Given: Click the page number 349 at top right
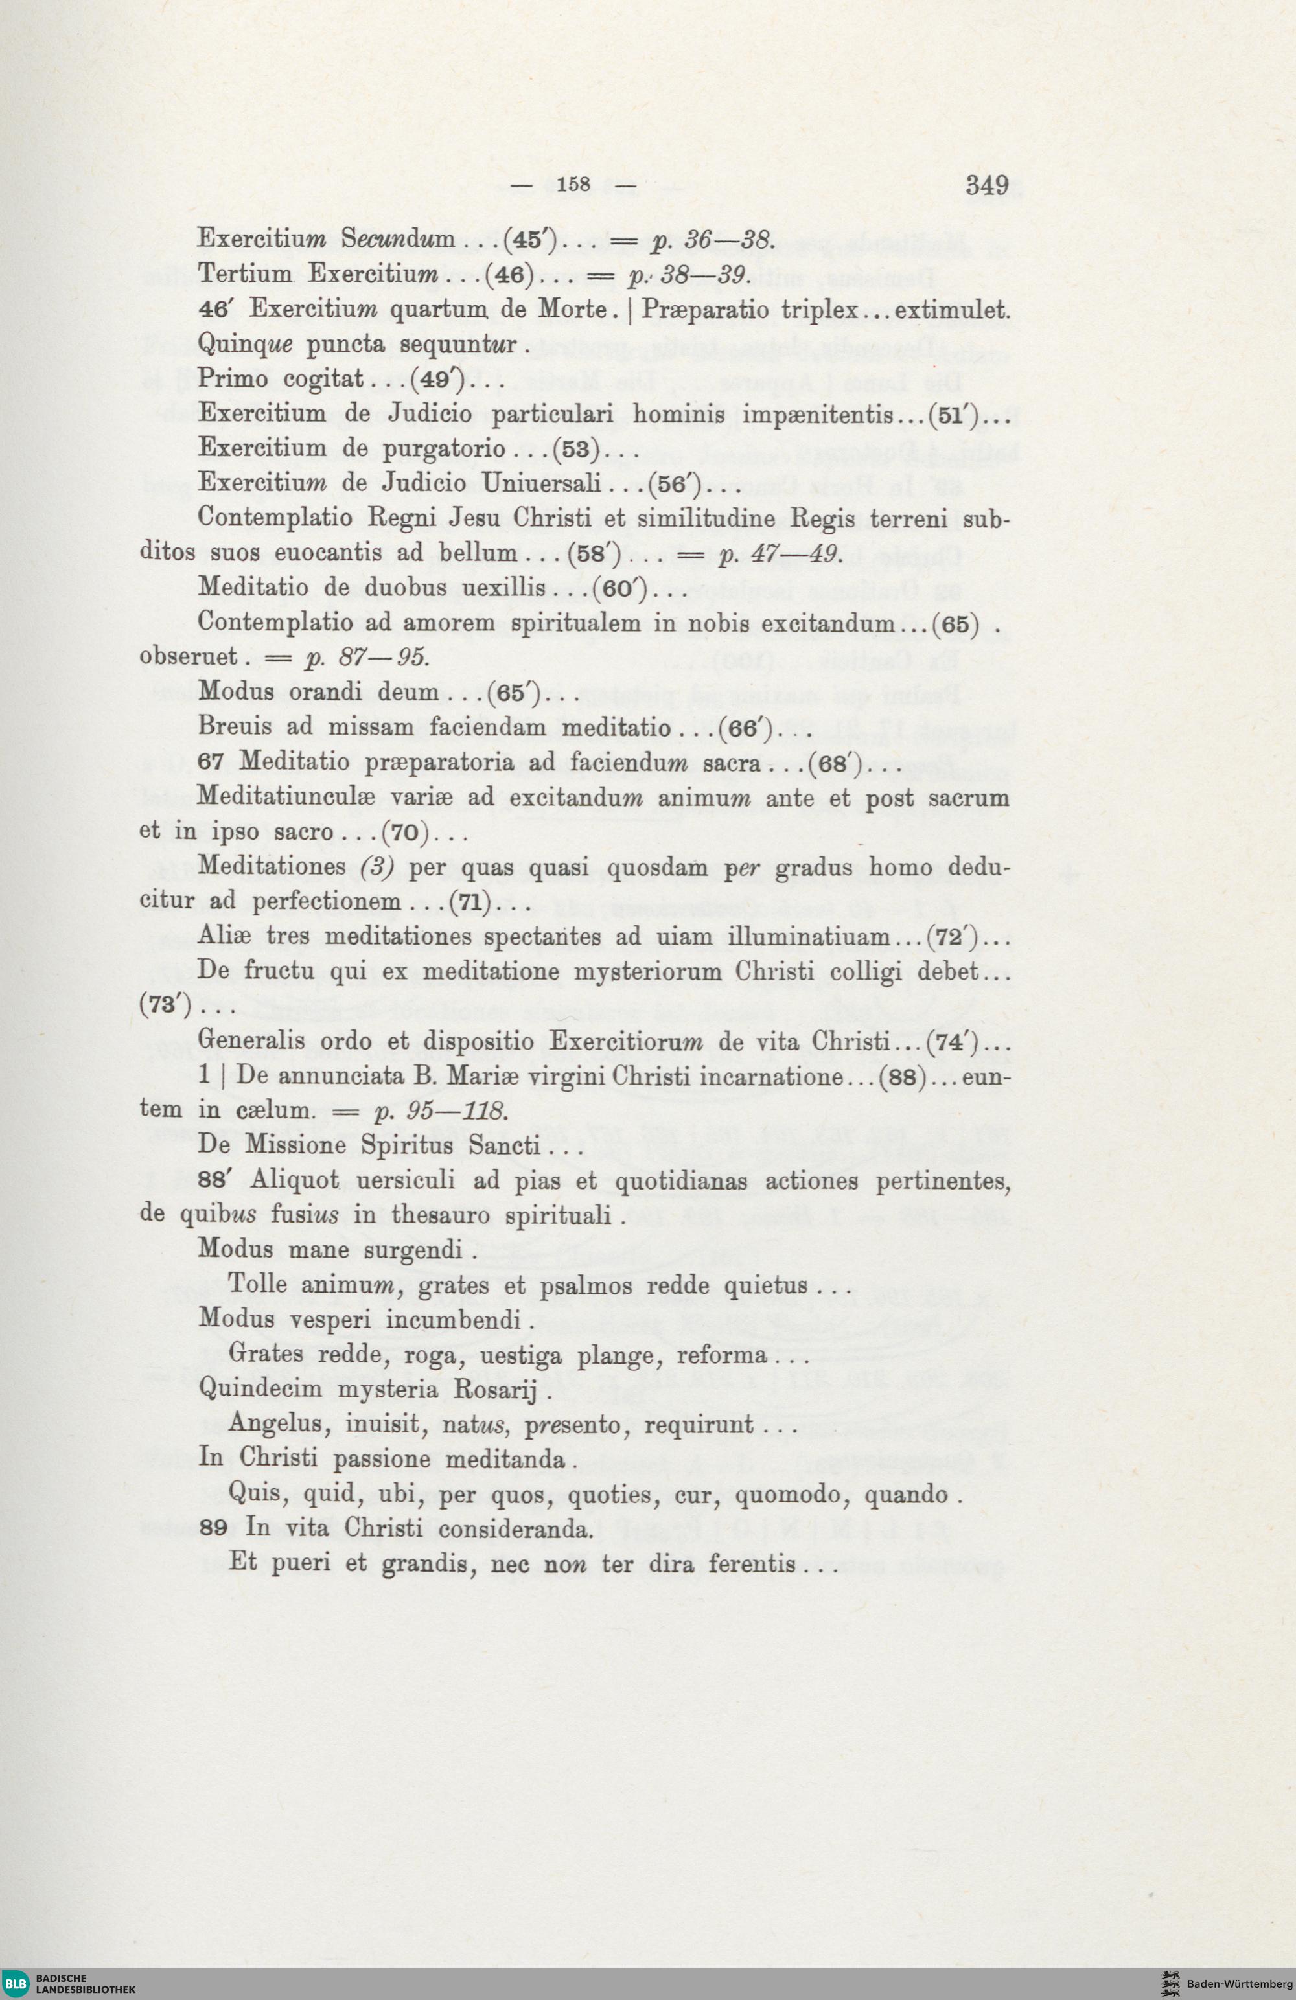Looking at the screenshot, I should pos(987,184).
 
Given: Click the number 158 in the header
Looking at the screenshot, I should pos(574,184).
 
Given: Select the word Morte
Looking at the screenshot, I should pos(572,309).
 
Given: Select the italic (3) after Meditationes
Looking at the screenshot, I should pos(377,866).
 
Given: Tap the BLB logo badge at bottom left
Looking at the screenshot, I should pos(17,1984).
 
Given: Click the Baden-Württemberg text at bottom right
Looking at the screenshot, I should pos(1239,1984).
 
